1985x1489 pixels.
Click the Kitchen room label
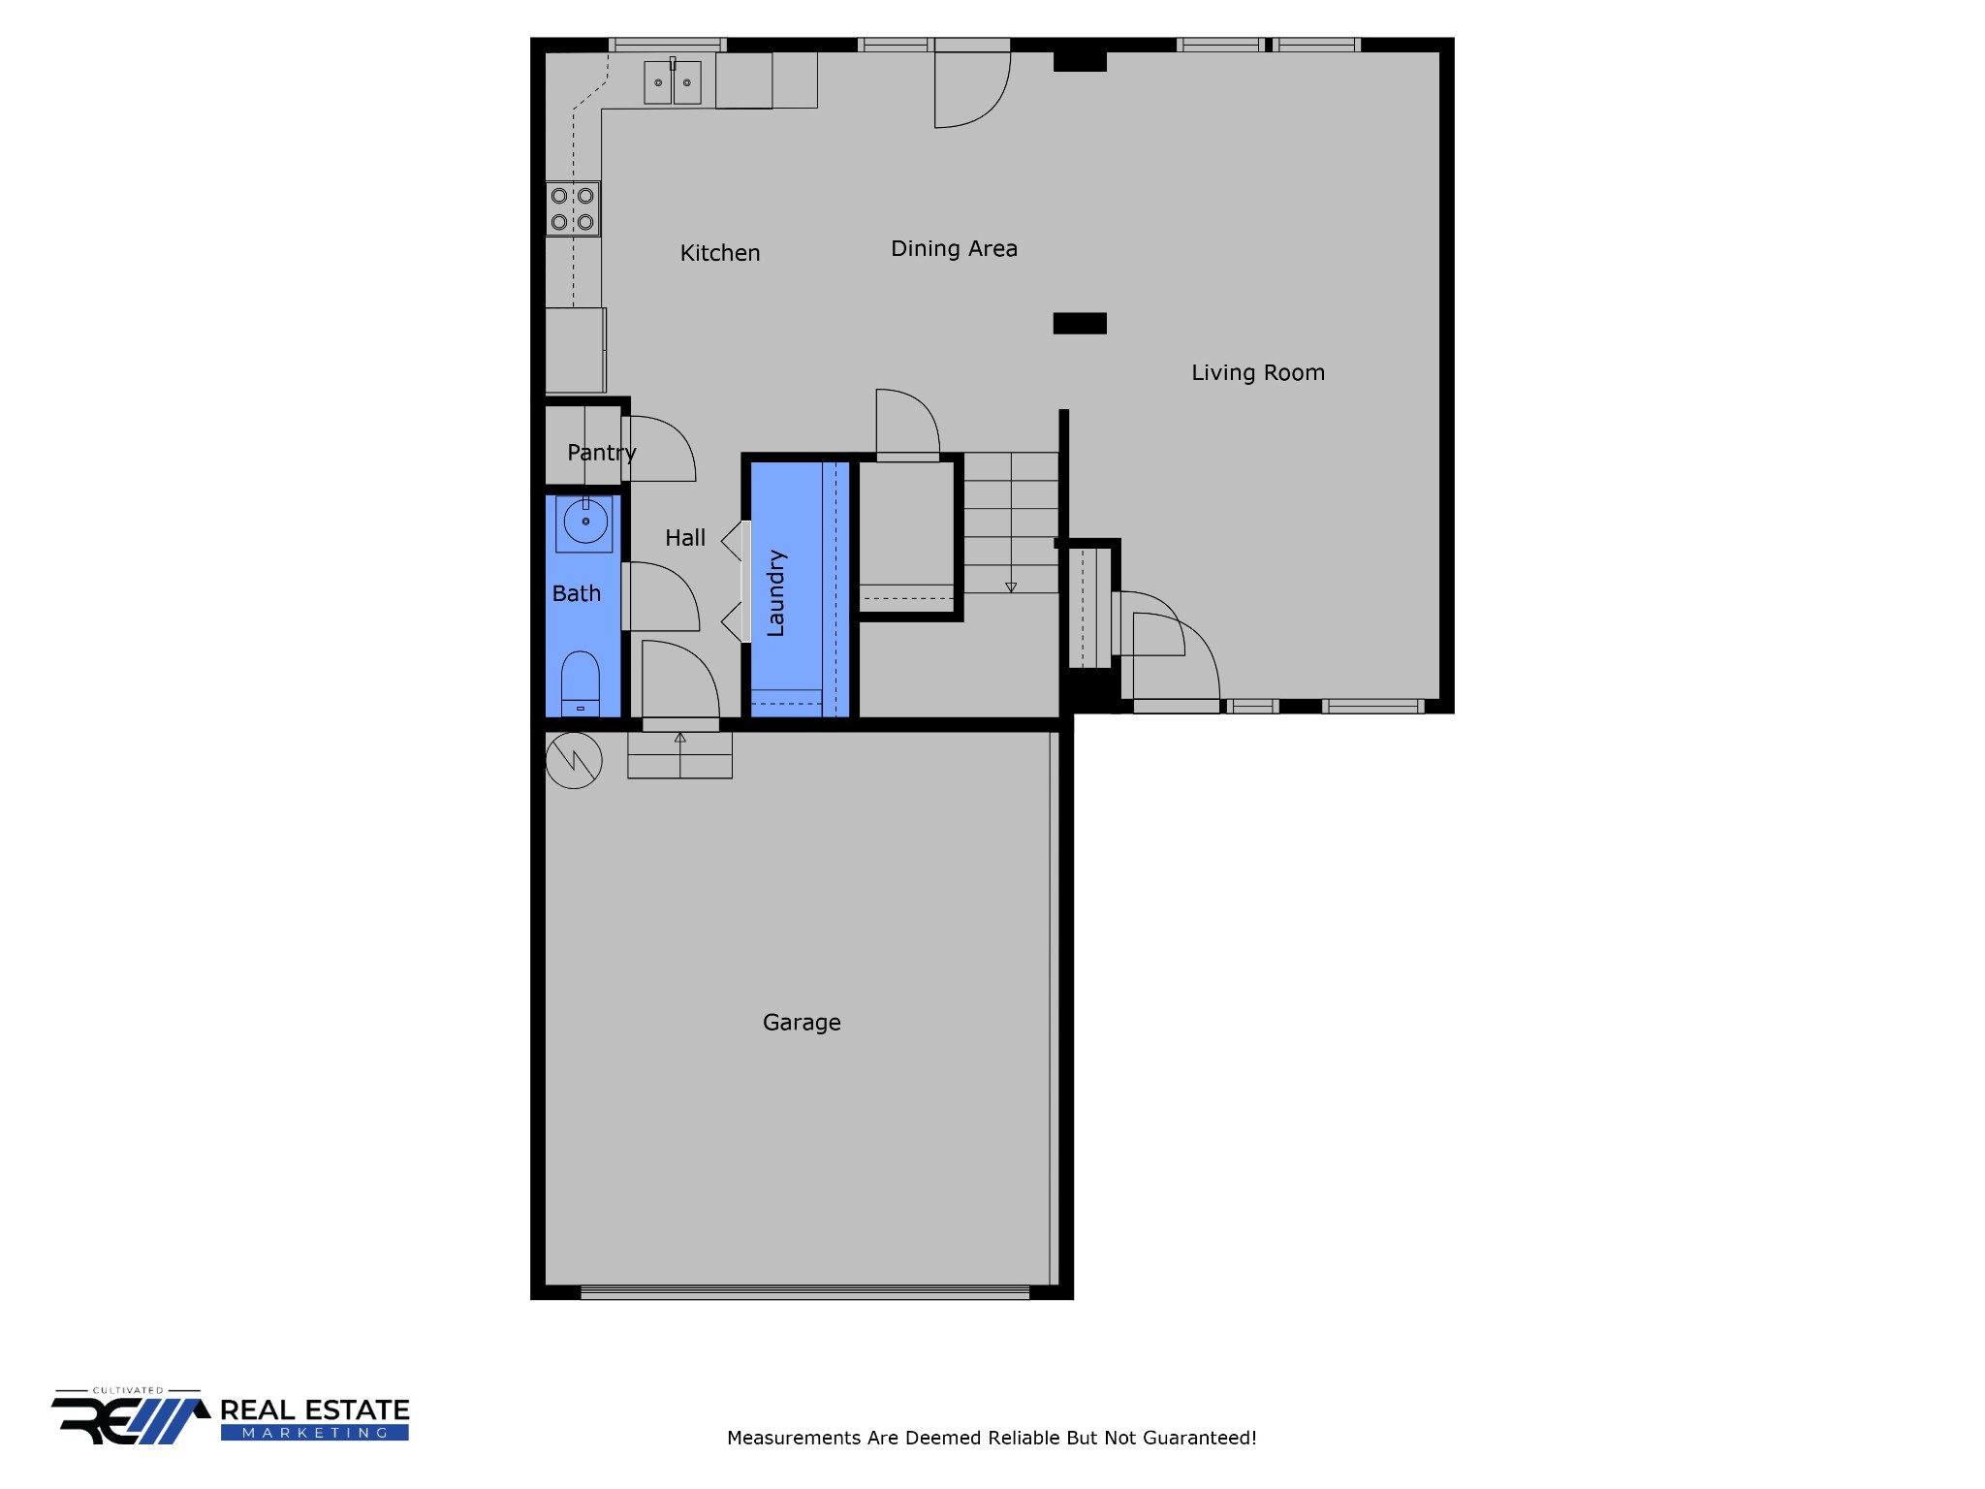(720, 253)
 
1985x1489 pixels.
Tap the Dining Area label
(954, 249)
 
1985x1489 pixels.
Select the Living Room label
(1258, 373)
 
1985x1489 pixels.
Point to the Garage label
(802, 1023)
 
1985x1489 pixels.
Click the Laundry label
(775, 593)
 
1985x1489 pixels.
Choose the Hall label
(685, 538)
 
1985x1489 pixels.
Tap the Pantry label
(602, 453)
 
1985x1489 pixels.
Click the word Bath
(577, 593)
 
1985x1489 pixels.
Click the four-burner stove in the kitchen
(573, 208)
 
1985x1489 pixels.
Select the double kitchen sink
(673, 81)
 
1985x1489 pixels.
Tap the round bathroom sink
(585, 522)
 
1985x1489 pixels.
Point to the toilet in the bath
(581, 683)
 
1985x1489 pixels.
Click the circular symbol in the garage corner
(574, 760)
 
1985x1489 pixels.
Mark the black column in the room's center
(1080, 324)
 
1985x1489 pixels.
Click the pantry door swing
(659, 449)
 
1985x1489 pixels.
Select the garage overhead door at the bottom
(804, 1292)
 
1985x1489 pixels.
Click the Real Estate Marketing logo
(231, 1416)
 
